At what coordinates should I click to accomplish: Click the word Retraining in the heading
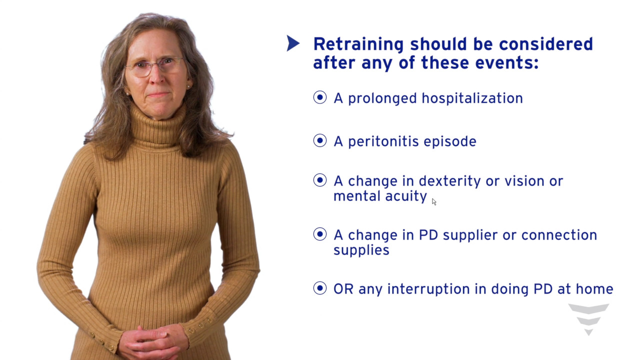click(358, 45)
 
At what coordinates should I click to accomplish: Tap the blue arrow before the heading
click(293, 43)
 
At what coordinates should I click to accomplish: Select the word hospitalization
click(472, 98)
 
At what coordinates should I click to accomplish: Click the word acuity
click(406, 196)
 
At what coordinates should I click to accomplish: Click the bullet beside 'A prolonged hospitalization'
click(319, 97)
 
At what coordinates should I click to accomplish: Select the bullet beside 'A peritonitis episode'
click(319, 140)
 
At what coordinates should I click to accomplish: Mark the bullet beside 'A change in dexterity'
click(319, 180)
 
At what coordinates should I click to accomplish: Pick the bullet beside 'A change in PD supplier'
click(319, 234)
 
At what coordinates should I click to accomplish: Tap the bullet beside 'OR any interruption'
click(319, 288)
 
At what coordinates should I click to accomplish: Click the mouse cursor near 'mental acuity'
click(434, 201)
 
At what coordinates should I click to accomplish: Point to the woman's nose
click(157, 75)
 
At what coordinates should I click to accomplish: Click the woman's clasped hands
click(154, 341)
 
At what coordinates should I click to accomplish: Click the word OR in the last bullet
click(343, 289)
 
